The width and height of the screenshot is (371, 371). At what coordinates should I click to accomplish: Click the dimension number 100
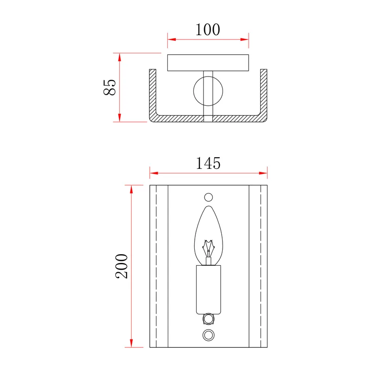pos(208,30)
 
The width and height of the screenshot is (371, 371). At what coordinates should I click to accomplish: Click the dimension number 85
pos(109,87)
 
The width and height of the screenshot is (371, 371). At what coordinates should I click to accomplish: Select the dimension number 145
pos(208,163)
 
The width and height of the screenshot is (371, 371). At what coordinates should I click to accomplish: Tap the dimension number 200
pos(122,266)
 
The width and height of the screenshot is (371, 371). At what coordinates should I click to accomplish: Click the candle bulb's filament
pos(208,249)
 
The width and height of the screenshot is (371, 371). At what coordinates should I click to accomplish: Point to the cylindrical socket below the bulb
pos(208,289)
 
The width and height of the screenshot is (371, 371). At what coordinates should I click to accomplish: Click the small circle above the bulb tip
pos(208,198)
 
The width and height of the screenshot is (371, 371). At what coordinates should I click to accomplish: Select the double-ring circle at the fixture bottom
pos(208,335)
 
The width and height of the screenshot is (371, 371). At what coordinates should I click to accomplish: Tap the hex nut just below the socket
pos(208,319)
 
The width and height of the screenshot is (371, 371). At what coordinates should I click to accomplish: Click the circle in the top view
pos(208,91)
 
